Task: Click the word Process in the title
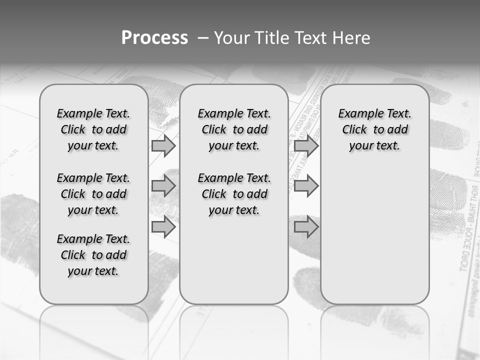pos(154,38)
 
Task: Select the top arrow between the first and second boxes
pos(163,146)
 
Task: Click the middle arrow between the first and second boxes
pos(163,186)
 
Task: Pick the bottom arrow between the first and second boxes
pos(163,227)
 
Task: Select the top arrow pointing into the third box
pos(306,146)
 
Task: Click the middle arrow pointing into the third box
pos(306,186)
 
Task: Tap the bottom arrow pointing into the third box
pos(306,227)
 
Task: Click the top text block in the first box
pos(93,129)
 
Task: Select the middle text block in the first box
pos(93,194)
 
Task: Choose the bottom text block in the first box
pos(93,255)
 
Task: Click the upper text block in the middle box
pos(234,129)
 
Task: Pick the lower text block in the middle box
pos(234,194)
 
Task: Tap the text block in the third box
pos(374,129)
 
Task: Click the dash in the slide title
pos(203,38)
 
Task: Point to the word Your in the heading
pos(231,38)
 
